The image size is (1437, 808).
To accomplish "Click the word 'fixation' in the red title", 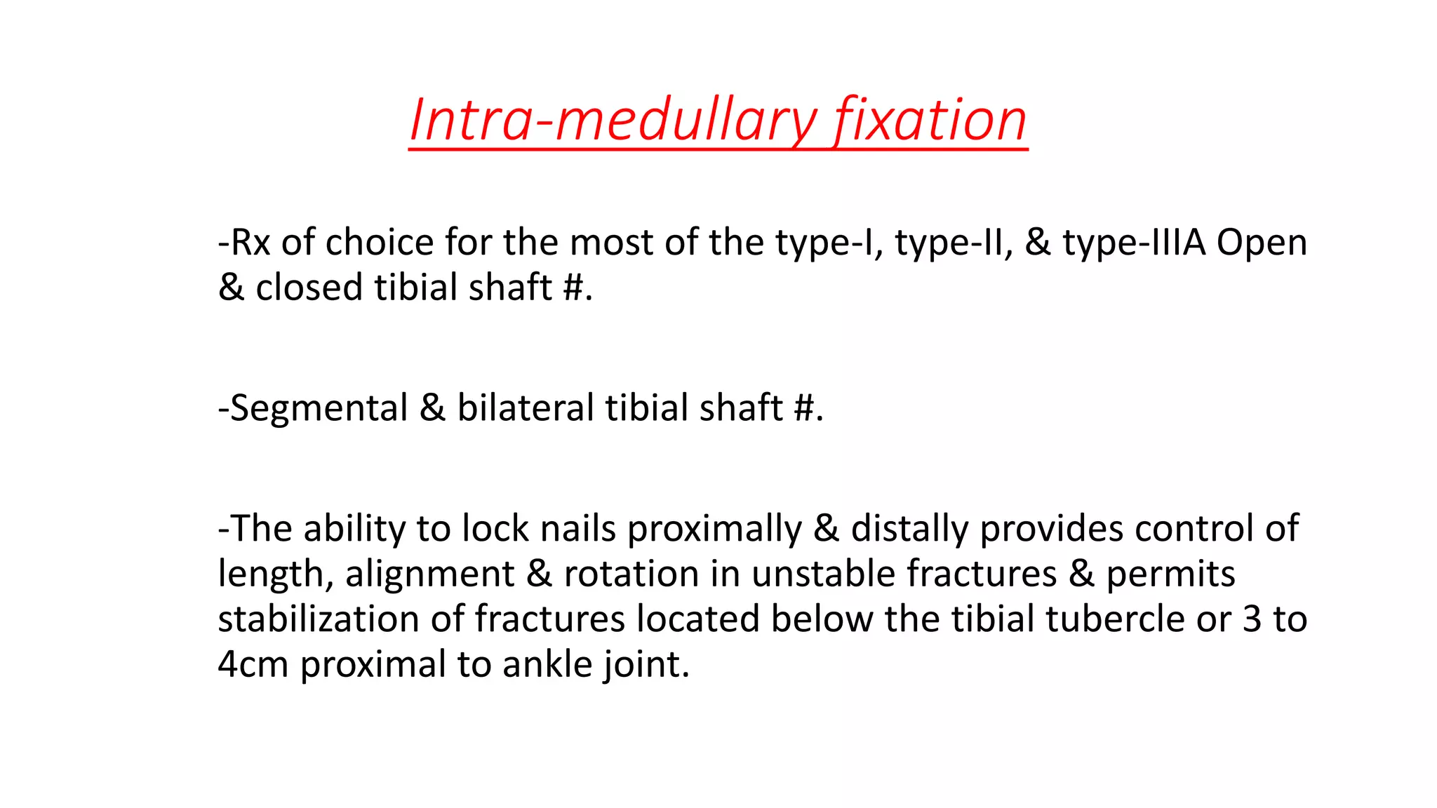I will coord(930,121).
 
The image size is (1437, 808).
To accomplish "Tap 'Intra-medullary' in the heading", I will coord(614,121).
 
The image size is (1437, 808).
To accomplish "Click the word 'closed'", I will coord(309,288).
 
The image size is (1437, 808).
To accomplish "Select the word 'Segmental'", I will coord(319,408).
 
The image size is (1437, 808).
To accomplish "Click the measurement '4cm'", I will coord(253,664).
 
